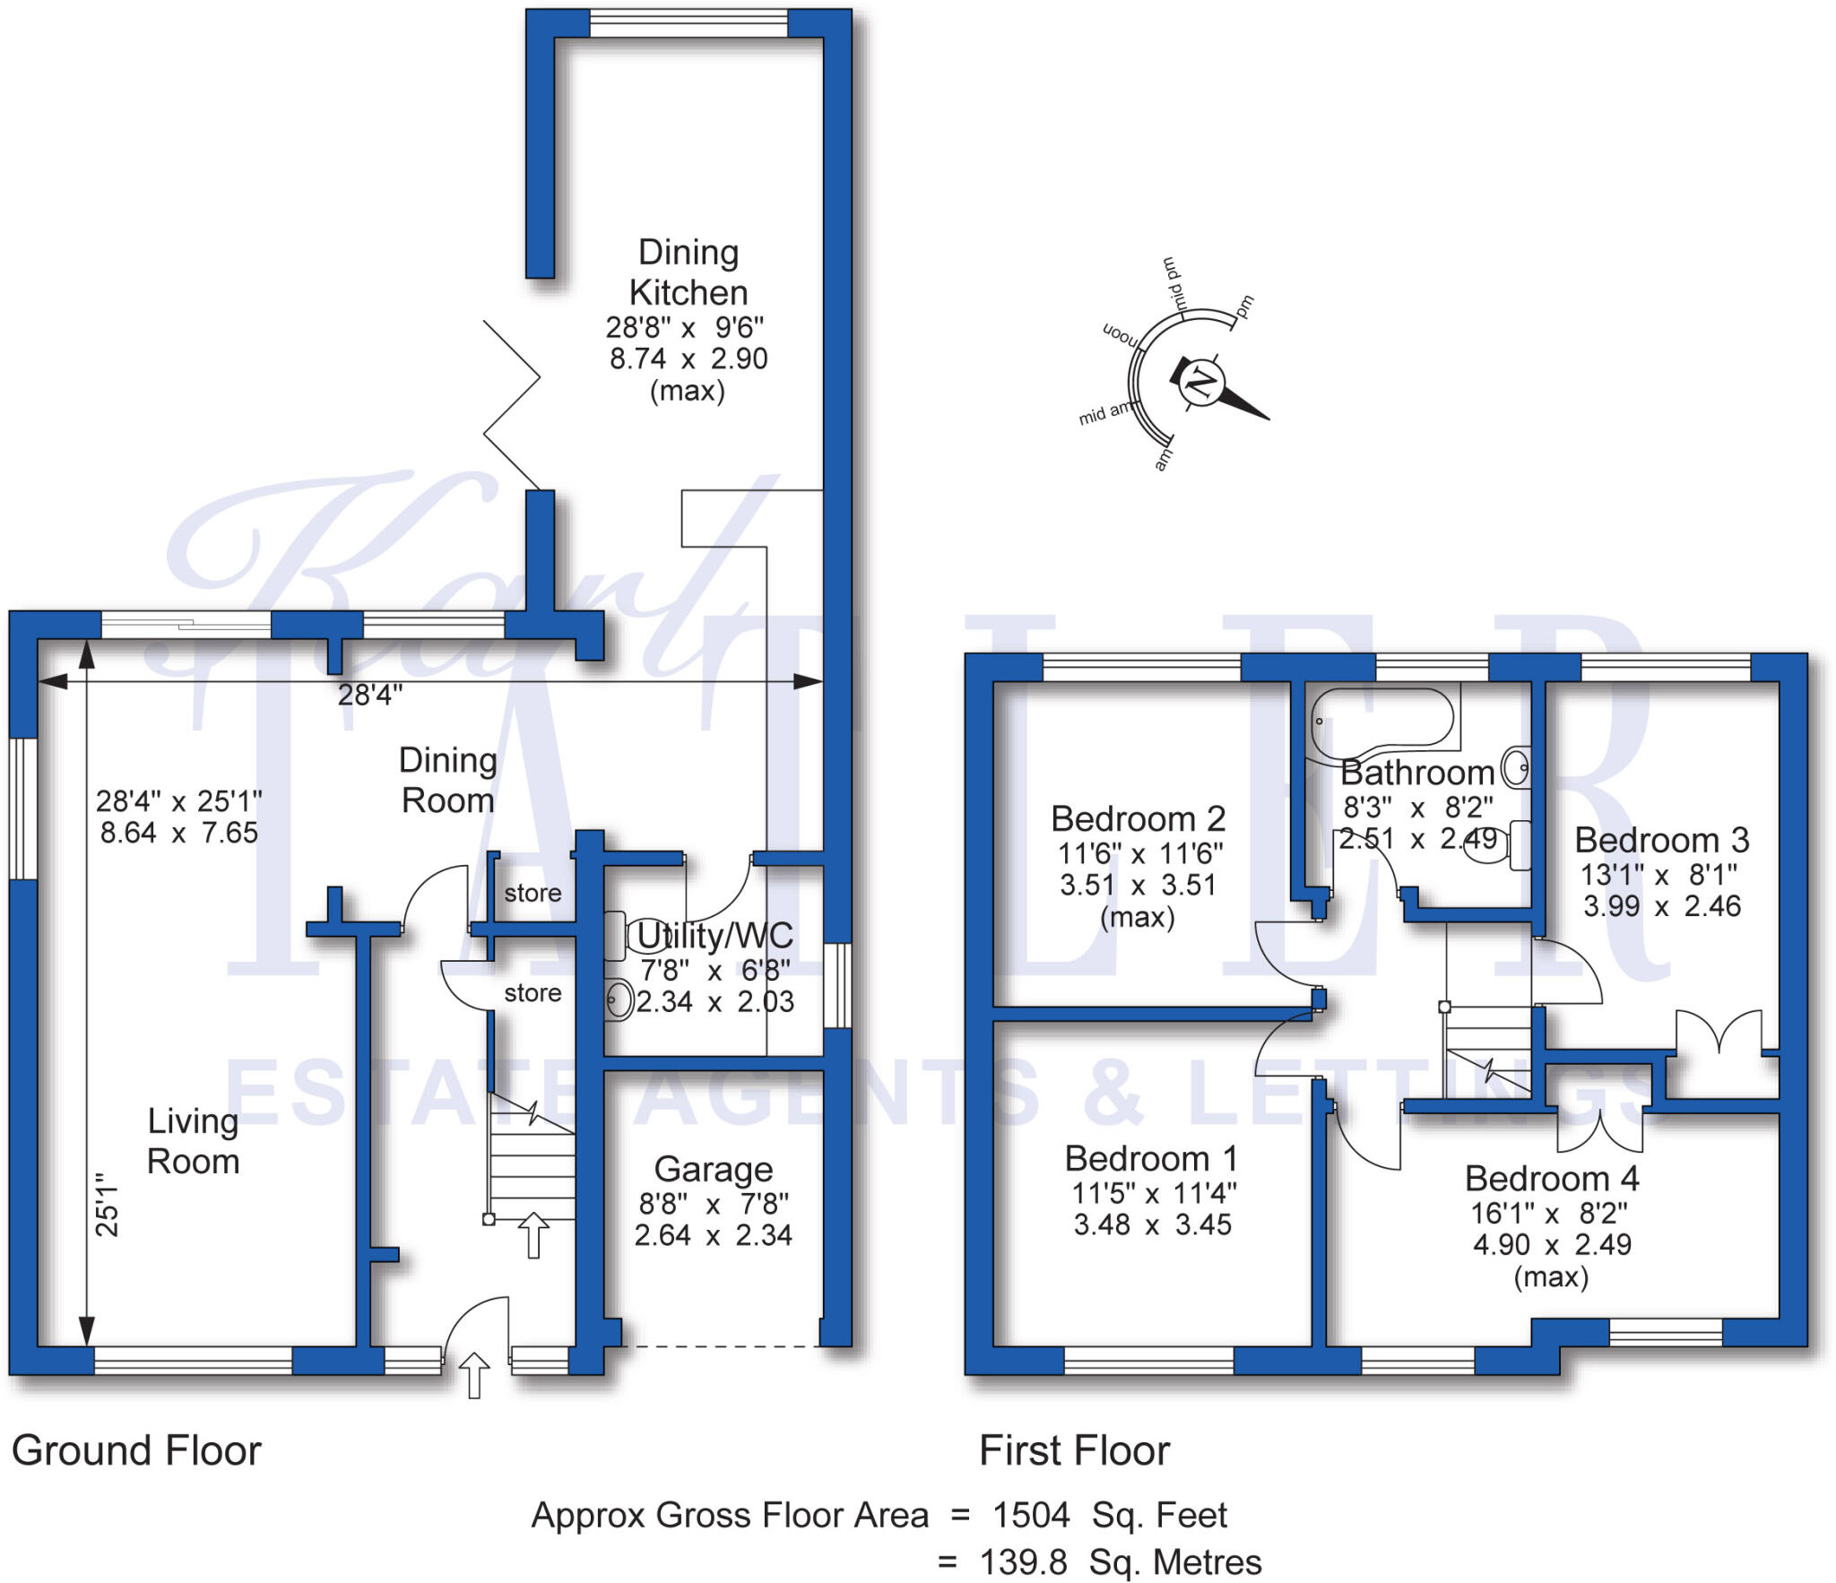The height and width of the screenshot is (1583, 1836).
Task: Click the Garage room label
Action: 713,1170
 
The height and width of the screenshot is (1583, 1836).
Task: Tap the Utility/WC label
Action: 714,936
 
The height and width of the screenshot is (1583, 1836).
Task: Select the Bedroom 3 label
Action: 1661,840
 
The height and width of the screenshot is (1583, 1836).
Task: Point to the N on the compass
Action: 1200,384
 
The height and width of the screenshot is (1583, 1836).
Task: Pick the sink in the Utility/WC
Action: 619,999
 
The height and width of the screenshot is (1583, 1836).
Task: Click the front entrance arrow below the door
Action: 474,1375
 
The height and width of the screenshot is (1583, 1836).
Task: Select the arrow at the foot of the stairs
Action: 533,1234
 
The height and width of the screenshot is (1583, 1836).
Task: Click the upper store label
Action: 533,893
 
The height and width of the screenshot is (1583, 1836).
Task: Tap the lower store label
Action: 533,993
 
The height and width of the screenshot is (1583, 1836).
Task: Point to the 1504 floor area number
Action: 1031,1515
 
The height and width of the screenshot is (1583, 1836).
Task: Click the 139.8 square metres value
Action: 1023,1562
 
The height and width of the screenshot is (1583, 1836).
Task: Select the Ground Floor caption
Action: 136,1450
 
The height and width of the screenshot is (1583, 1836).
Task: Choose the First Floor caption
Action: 1074,1450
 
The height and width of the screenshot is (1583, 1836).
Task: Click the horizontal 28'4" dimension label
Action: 370,695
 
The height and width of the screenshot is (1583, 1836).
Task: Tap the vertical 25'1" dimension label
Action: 107,1205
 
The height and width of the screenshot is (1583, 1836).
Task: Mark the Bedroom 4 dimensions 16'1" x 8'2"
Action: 1549,1214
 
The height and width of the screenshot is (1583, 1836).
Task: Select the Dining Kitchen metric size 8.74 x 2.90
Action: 688,359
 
